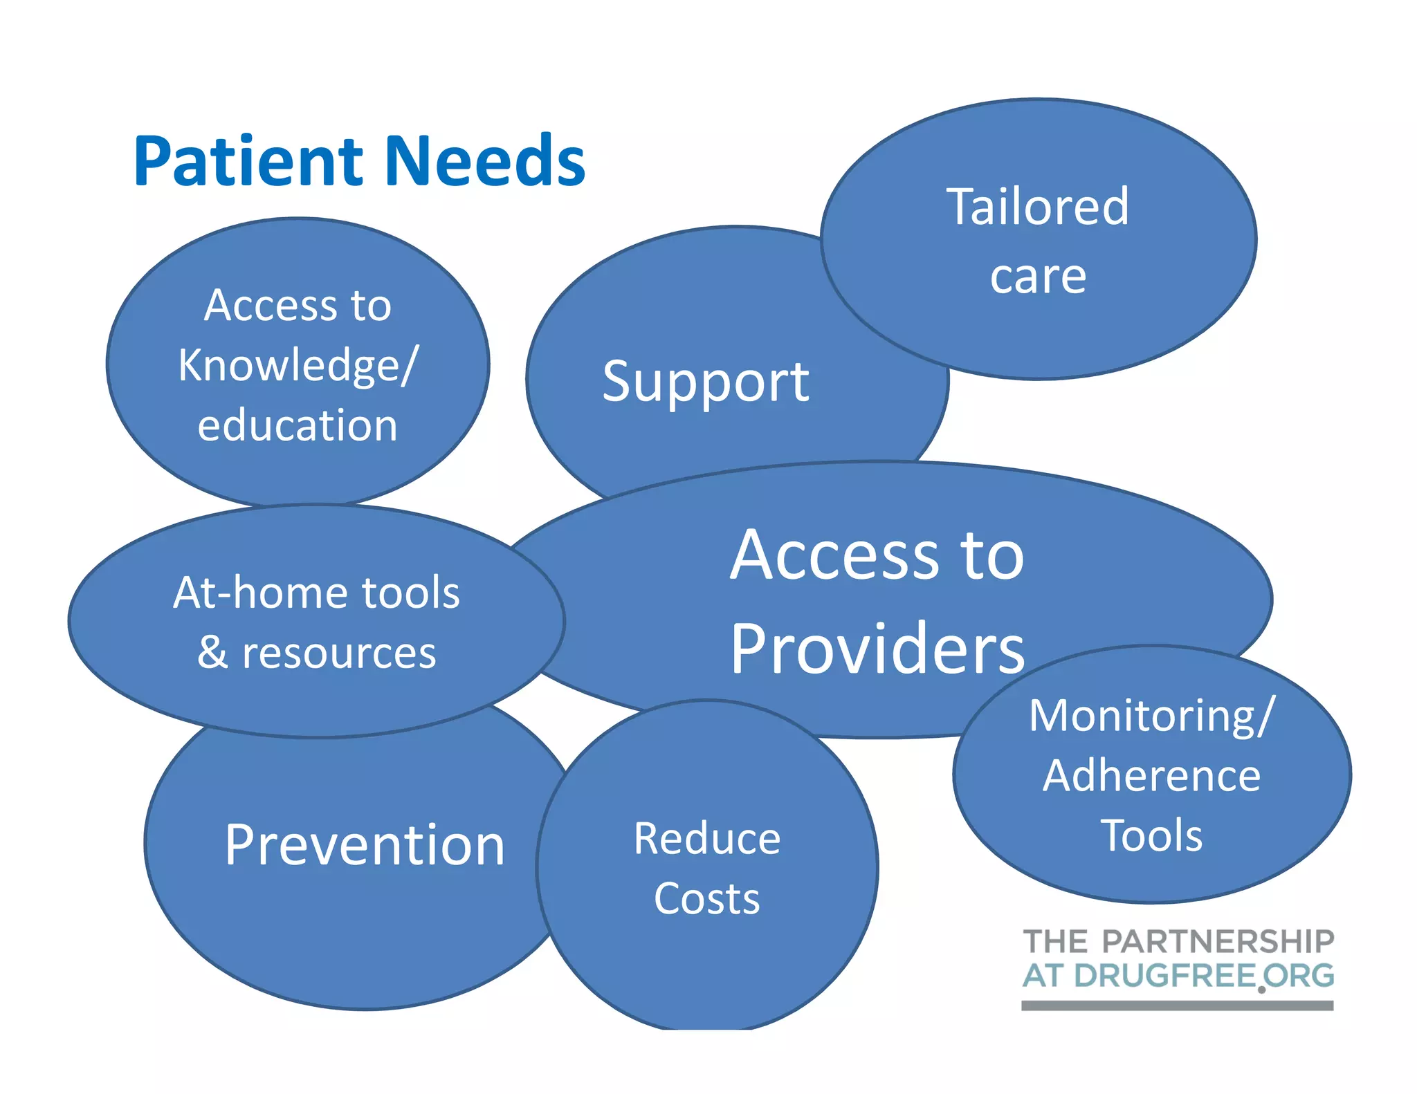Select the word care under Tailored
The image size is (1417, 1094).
(1038, 277)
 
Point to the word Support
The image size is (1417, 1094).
(705, 382)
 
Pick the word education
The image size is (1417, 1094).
(298, 425)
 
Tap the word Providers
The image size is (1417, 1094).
(877, 648)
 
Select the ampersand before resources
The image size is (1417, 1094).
(212, 652)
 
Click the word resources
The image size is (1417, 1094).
(339, 653)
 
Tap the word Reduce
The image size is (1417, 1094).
(707, 838)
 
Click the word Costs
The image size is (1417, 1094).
(707, 898)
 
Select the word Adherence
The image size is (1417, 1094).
(1151, 775)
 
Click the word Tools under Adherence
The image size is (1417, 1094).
(1151, 835)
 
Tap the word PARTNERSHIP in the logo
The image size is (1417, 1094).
(1218, 942)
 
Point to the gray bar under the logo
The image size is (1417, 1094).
(1177, 1005)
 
